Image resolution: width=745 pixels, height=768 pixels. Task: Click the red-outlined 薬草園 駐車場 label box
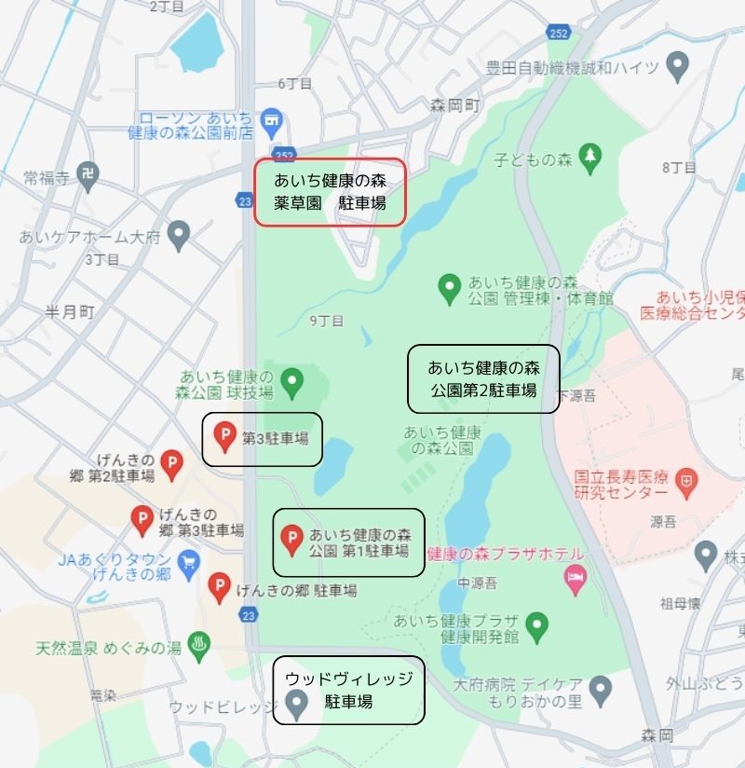tap(331, 192)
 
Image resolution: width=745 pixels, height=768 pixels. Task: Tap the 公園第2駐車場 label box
tap(483, 378)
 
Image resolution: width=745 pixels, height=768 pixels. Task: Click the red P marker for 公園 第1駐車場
tap(291, 538)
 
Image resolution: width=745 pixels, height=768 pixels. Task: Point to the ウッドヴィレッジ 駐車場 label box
tap(348, 690)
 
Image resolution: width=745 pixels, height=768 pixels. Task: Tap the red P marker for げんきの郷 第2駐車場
tap(171, 462)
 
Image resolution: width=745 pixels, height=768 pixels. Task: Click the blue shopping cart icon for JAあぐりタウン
tap(190, 562)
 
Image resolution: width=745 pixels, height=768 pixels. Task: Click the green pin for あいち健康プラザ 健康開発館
tap(536, 625)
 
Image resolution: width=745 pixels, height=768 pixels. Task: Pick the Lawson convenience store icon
tap(272, 119)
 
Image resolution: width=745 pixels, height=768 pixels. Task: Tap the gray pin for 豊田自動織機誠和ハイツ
tap(679, 65)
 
